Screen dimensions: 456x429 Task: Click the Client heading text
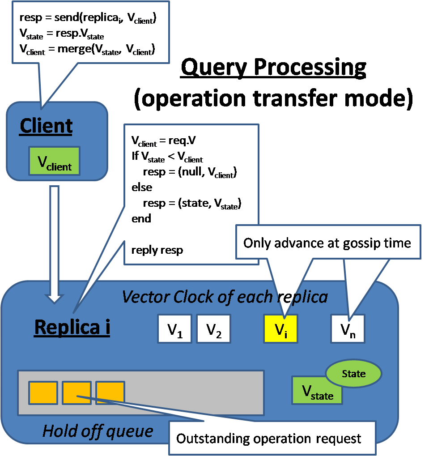click(x=46, y=126)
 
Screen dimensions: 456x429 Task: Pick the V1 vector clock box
click(x=174, y=329)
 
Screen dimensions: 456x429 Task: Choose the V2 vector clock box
click(x=213, y=329)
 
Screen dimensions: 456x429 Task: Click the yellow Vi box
click(x=280, y=329)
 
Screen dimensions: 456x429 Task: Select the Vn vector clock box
click(x=348, y=329)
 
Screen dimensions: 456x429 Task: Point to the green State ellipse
click(x=353, y=374)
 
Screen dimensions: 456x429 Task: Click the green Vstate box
click(x=317, y=391)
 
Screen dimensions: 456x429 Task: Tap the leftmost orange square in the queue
click(x=43, y=392)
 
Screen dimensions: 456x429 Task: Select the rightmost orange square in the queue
click(x=110, y=392)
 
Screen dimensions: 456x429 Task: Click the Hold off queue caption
click(x=98, y=431)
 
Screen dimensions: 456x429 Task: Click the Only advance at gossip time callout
click(x=327, y=243)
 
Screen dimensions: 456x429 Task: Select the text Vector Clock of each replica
click(x=225, y=297)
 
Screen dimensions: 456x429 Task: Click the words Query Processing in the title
click(x=273, y=68)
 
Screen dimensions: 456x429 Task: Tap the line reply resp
click(x=157, y=250)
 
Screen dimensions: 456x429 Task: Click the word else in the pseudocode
click(x=142, y=187)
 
